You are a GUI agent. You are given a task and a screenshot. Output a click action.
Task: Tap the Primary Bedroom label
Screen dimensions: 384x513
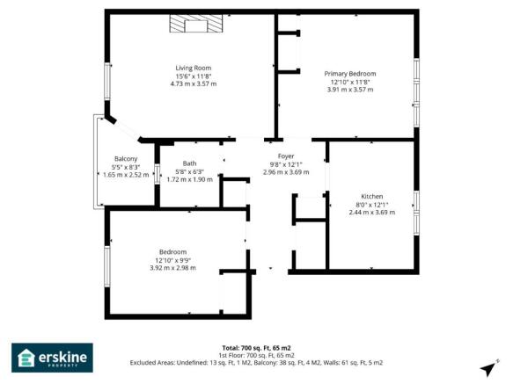tap(350, 74)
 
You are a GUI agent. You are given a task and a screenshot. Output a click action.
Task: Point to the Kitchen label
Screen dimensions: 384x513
tap(372, 196)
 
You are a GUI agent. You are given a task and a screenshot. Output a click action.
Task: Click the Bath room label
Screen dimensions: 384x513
tap(189, 163)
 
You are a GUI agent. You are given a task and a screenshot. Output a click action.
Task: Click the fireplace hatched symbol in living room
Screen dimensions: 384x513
tap(197, 25)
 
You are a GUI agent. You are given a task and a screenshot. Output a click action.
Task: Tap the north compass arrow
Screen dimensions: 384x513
tap(489, 368)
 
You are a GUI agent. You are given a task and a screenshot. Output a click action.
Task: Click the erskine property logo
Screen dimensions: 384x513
tap(52, 358)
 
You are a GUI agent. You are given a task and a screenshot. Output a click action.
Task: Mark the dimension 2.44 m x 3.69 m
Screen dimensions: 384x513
tap(372, 212)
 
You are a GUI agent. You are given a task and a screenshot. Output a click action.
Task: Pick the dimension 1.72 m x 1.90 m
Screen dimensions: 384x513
tap(189, 179)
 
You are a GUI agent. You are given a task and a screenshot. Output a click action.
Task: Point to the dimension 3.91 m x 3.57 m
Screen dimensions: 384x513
tap(350, 90)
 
